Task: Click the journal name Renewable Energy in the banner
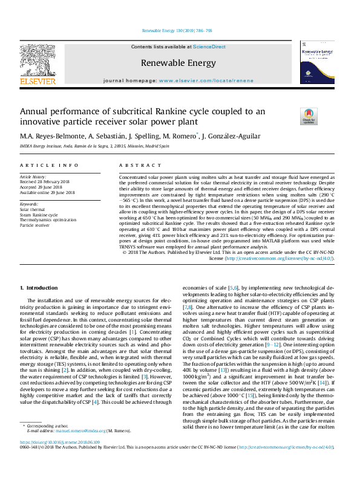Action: pyautogui.click(x=178, y=62)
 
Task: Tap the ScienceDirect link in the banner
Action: pyautogui.click(x=209, y=47)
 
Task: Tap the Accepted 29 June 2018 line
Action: pyautogui.click(x=44, y=187)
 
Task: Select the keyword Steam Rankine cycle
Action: pyautogui.click(x=39, y=215)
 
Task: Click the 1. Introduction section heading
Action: pyautogui.click(x=39, y=288)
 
